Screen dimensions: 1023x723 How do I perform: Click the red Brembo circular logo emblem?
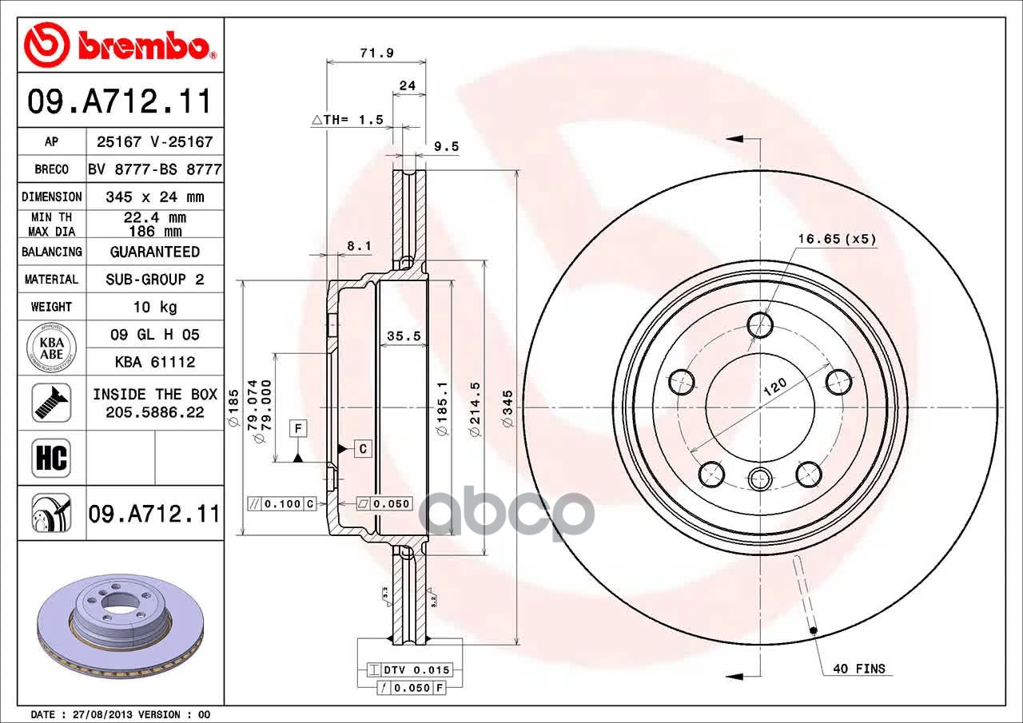(x=47, y=45)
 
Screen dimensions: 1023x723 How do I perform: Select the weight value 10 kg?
(x=155, y=307)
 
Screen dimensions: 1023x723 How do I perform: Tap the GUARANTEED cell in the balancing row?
(x=155, y=252)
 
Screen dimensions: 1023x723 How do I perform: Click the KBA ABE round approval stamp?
(x=52, y=348)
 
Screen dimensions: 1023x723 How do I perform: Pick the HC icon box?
(x=51, y=458)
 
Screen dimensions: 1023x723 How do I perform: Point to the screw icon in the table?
(x=51, y=403)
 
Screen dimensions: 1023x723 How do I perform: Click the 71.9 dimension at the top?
(x=376, y=53)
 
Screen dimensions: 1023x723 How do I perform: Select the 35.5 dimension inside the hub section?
(x=404, y=336)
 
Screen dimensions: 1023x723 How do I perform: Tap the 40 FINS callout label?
(x=859, y=669)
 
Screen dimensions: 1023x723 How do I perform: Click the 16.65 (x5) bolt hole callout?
(x=837, y=239)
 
